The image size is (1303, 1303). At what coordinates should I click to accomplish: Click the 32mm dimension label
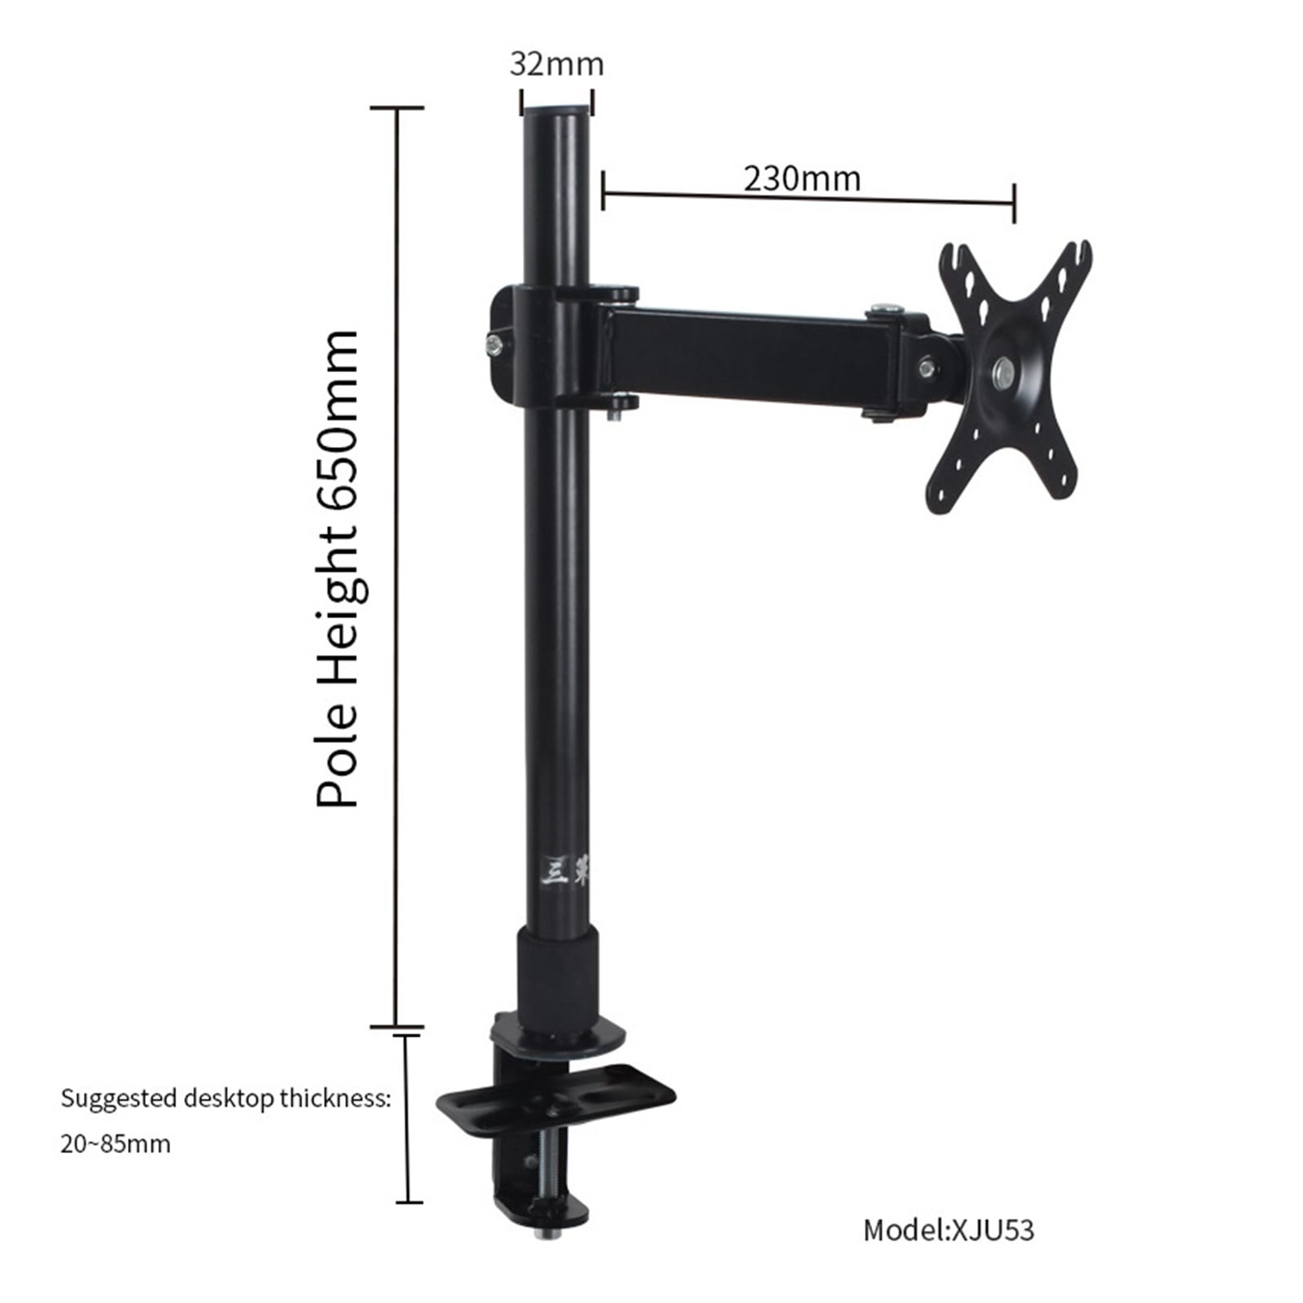coord(556,64)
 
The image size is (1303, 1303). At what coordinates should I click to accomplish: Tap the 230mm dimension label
coord(801,178)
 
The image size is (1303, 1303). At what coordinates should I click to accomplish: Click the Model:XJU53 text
coord(948,1230)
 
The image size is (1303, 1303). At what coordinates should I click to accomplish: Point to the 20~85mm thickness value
coord(116,1143)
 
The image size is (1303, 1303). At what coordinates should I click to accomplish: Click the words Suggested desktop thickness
coord(226,1099)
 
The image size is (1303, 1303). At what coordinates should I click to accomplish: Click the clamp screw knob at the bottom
coord(541,1231)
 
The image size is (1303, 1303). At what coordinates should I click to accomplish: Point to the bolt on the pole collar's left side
coord(494,345)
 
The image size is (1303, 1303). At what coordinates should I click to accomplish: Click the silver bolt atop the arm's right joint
coord(885,309)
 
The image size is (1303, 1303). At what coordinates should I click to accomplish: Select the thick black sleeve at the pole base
coord(557,974)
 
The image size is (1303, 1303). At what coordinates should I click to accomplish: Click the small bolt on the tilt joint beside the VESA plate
coord(927,369)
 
